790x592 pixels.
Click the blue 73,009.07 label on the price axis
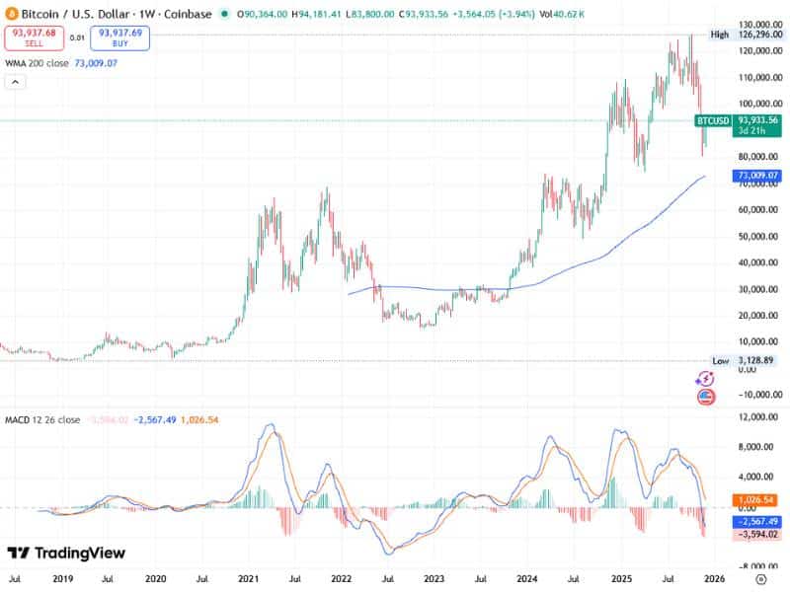pyautogui.click(x=757, y=176)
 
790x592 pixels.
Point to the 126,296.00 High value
pyautogui.click(x=757, y=36)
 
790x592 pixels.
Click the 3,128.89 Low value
pyautogui.click(x=756, y=361)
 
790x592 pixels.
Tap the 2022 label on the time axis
pyautogui.click(x=342, y=579)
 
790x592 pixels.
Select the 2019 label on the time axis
pyautogui.click(x=62, y=579)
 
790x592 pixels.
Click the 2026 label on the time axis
pyautogui.click(x=716, y=579)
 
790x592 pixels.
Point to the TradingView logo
pyautogui.click(x=67, y=554)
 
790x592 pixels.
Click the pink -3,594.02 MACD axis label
pyautogui.click(x=757, y=534)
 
